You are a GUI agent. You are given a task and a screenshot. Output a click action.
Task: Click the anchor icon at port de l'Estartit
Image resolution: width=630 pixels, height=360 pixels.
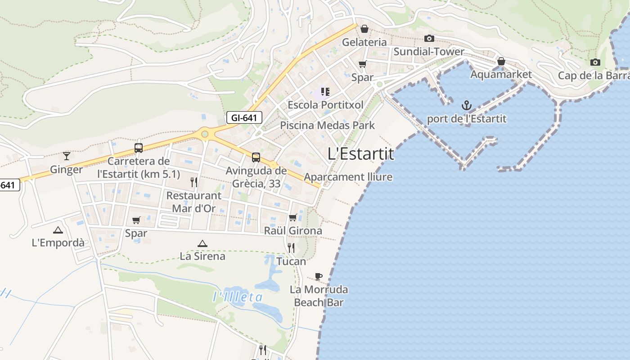point(467,106)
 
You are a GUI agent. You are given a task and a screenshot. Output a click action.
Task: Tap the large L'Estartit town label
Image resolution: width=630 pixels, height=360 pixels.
point(360,154)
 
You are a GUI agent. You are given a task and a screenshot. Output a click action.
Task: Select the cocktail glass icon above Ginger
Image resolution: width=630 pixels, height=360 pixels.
point(67,156)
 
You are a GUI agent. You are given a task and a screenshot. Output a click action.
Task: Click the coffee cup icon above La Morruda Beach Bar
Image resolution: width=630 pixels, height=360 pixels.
point(319,276)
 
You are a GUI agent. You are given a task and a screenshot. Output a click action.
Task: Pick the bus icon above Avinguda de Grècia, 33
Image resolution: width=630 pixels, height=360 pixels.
point(256,157)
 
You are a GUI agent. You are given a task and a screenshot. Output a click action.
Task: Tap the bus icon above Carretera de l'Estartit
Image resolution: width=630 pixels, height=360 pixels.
point(138,148)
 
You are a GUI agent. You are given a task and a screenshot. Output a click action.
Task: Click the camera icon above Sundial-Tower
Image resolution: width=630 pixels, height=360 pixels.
point(429,39)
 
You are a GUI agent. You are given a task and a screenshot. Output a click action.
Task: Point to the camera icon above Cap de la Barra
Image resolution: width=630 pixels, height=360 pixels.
point(595,63)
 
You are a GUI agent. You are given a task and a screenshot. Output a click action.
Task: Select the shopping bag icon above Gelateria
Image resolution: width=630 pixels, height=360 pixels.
point(364,29)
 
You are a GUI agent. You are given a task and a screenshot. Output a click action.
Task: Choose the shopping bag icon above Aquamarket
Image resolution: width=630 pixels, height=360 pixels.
point(501,61)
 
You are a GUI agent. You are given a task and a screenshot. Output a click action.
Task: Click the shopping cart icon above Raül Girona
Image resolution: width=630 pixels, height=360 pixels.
point(292,218)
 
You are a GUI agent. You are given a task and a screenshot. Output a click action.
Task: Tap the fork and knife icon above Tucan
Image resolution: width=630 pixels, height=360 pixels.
point(291,248)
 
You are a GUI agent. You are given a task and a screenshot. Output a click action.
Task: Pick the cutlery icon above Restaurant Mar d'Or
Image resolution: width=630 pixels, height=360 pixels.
point(194,182)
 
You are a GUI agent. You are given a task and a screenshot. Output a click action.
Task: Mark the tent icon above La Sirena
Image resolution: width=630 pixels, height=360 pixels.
point(202,243)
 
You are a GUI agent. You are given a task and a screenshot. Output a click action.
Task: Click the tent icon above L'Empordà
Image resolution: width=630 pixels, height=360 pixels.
point(58,230)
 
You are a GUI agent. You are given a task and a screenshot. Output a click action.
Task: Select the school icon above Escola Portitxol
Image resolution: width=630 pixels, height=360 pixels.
point(325,92)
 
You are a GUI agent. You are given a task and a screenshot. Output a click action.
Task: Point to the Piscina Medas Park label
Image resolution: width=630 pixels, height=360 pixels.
point(327,125)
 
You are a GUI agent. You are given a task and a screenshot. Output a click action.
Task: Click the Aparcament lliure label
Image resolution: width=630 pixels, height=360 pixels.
point(348,177)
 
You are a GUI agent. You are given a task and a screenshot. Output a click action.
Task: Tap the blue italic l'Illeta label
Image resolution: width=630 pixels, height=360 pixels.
point(238,297)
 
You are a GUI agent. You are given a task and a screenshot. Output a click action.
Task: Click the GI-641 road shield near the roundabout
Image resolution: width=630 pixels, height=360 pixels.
point(244,118)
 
